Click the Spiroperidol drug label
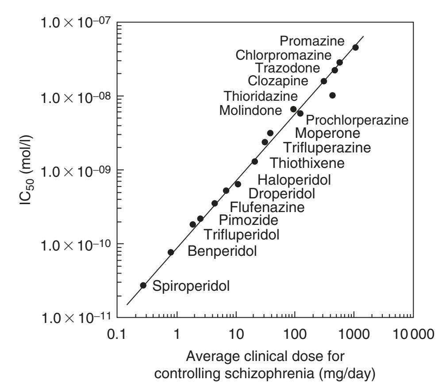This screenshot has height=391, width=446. [191, 286]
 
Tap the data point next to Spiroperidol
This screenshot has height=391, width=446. [143, 285]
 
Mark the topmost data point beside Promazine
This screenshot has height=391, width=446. [355, 47]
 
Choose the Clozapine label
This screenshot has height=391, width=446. [278, 81]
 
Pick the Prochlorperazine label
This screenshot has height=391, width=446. [357, 120]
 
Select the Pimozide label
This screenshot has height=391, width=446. [249, 220]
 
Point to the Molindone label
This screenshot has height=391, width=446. [250, 110]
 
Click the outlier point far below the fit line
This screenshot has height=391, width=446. [332, 95]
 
